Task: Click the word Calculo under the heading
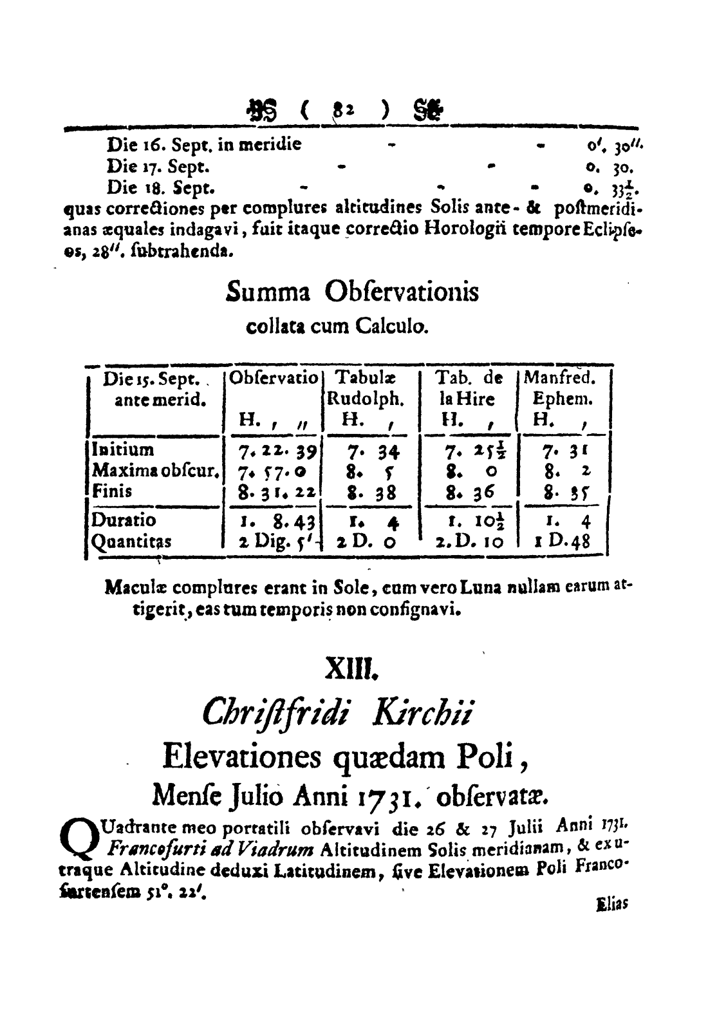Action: tap(390, 327)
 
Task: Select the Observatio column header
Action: tap(274, 378)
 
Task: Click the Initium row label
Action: tap(122, 449)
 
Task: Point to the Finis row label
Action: tap(113, 491)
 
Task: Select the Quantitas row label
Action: tap(131, 542)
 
